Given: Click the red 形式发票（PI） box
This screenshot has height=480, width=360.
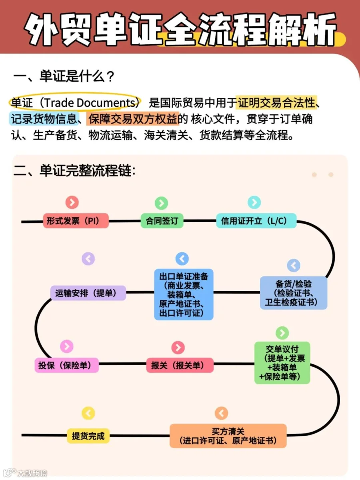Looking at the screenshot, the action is point(76,221).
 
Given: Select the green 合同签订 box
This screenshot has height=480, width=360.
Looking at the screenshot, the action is point(162,221).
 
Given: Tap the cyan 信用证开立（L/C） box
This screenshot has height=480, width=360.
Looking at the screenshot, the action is point(256,221).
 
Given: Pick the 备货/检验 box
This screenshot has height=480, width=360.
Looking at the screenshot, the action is point(293,293).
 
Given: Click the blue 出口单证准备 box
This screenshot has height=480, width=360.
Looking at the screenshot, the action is point(184,294).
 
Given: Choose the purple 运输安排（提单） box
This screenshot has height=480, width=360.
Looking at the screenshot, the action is point(88,293).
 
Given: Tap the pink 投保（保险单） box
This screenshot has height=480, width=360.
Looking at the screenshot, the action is point(67,365).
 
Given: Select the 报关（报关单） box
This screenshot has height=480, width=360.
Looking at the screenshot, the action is point(180,365).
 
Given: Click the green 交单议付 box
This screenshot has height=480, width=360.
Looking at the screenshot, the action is point(282,362).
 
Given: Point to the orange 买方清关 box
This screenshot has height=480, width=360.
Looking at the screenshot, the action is point(228,436).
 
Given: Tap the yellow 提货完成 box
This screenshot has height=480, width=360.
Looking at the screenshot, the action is point(88,436).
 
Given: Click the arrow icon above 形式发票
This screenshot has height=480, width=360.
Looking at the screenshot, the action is point(72,202).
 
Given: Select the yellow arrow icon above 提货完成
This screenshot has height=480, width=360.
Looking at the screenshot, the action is point(88,413).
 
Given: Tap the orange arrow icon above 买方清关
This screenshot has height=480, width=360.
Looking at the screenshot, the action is point(221,413).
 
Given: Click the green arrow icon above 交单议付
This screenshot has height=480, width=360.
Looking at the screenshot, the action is point(282,333).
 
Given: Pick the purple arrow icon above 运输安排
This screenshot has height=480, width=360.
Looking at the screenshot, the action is point(88,259).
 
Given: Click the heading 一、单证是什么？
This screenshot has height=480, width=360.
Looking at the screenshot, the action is point(64,76).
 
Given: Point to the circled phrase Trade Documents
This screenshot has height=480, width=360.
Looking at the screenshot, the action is point(90,102).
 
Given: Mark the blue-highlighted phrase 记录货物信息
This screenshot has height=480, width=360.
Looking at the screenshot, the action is point(44,119).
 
